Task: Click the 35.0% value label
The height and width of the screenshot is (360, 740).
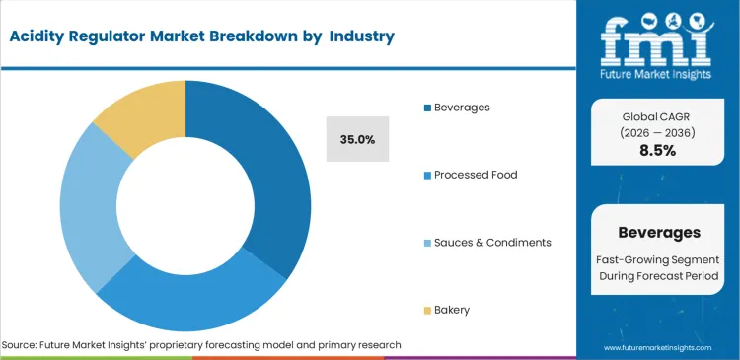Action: pyautogui.click(x=357, y=140)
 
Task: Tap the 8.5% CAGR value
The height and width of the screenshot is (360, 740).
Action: pyautogui.click(x=658, y=151)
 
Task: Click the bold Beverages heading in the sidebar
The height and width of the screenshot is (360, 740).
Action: pyautogui.click(x=658, y=233)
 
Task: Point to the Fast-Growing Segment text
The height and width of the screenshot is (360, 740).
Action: pyautogui.click(x=658, y=257)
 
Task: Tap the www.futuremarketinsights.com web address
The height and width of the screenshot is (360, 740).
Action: pyautogui.click(x=658, y=348)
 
